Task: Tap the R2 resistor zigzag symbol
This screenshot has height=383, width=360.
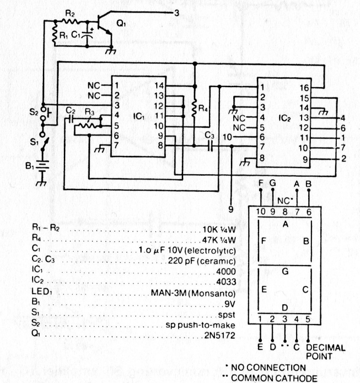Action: click(x=70, y=21)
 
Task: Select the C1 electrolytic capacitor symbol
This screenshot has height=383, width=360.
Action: click(x=87, y=34)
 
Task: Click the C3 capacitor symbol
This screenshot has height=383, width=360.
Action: click(x=211, y=146)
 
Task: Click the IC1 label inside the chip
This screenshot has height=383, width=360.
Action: click(x=139, y=116)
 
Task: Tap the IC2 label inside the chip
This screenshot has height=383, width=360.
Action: click(x=285, y=118)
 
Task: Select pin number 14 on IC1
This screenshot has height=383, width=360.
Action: click(x=159, y=86)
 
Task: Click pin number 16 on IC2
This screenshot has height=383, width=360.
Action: click(x=304, y=88)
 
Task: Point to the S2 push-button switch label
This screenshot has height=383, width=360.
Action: click(x=34, y=112)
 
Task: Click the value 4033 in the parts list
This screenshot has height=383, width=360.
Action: click(x=226, y=282)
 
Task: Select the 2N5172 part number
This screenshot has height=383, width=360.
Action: click(x=219, y=335)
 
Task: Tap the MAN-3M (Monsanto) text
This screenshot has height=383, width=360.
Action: click(x=193, y=293)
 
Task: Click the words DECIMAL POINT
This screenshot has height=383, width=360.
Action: click(x=326, y=352)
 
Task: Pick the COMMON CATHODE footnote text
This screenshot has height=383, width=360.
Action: click(x=274, y=378)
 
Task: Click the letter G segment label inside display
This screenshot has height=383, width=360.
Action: click(x=285, y=272)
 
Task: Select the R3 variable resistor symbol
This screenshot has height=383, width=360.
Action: click(x=88, y=125)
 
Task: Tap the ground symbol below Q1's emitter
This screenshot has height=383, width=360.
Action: click(x=111, y=51)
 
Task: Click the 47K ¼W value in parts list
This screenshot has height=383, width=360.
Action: click(x=219, y=240)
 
